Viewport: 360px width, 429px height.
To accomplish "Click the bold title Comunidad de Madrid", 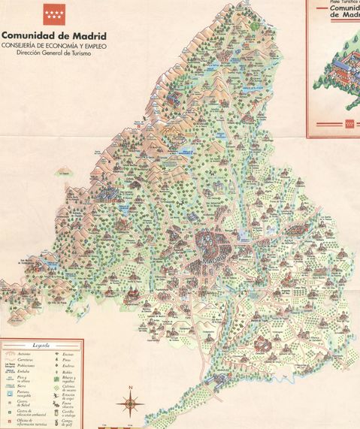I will tap(53, 35).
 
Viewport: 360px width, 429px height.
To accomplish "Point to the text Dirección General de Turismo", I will tap(53, 53).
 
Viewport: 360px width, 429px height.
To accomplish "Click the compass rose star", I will tap(131, 404).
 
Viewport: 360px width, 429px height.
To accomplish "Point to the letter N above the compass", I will tap(131, 388).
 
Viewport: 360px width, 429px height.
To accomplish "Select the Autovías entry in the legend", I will tap(24, 354).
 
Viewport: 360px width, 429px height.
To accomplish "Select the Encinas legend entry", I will tap(66, 354).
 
